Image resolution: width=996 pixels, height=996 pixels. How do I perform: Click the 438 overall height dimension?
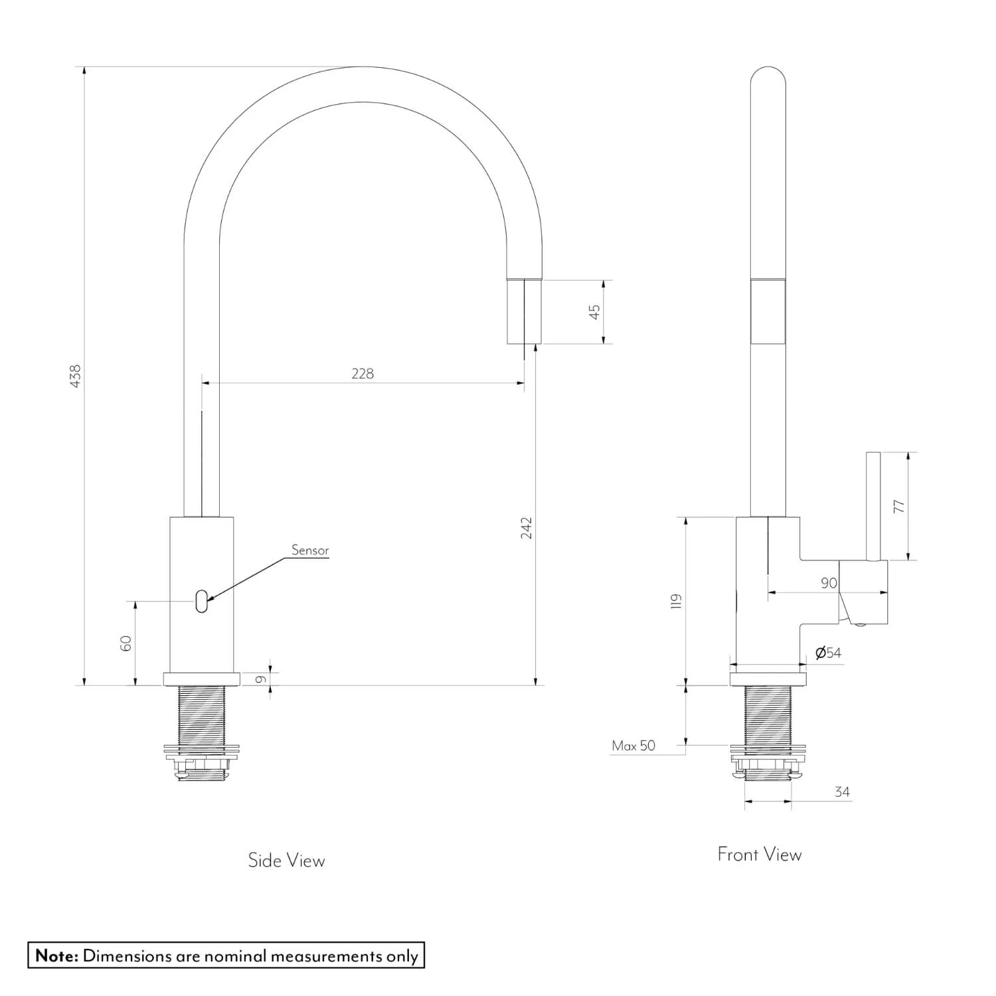coord(76,376)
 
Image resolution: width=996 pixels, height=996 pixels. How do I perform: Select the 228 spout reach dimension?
coord(363,374)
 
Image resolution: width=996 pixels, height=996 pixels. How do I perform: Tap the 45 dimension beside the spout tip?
coord(594,311)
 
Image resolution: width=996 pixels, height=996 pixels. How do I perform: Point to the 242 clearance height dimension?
coord(526,528)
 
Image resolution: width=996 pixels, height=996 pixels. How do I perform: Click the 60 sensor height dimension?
coord(126,643)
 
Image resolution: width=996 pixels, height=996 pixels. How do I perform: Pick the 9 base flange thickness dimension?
coord(261,679)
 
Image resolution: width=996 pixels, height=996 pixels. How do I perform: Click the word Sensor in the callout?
coord(310,550)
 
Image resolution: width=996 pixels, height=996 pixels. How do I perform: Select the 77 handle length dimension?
coord(899,506)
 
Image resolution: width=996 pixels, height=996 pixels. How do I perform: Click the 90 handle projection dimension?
coord(829,583)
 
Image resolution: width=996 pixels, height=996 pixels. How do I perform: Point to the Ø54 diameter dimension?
coord(828,653)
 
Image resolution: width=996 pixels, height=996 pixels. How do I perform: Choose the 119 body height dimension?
coord(676,602)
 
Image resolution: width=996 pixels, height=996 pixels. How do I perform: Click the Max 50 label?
coord(633,746)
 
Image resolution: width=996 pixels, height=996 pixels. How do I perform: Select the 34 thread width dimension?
coord(842,791)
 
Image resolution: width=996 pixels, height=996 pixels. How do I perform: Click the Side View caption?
coord(286,861)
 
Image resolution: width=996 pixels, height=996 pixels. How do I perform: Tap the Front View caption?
coord(759,855)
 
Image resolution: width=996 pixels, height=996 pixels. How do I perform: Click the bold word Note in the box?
coord(56,955)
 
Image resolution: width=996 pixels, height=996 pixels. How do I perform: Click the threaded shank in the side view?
coord(202,714)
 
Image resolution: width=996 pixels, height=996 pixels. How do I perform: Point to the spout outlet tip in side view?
coord(525,312)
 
